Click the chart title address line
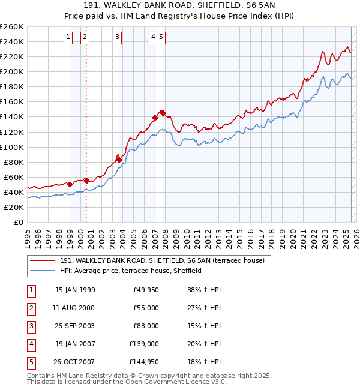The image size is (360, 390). [179, 7]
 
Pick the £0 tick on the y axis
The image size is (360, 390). [18, 222]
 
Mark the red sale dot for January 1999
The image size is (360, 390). [70, 184]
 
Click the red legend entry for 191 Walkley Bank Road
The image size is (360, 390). [166, 260]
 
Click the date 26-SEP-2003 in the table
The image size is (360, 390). [74, 326]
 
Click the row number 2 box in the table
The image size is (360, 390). [31, 308]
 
